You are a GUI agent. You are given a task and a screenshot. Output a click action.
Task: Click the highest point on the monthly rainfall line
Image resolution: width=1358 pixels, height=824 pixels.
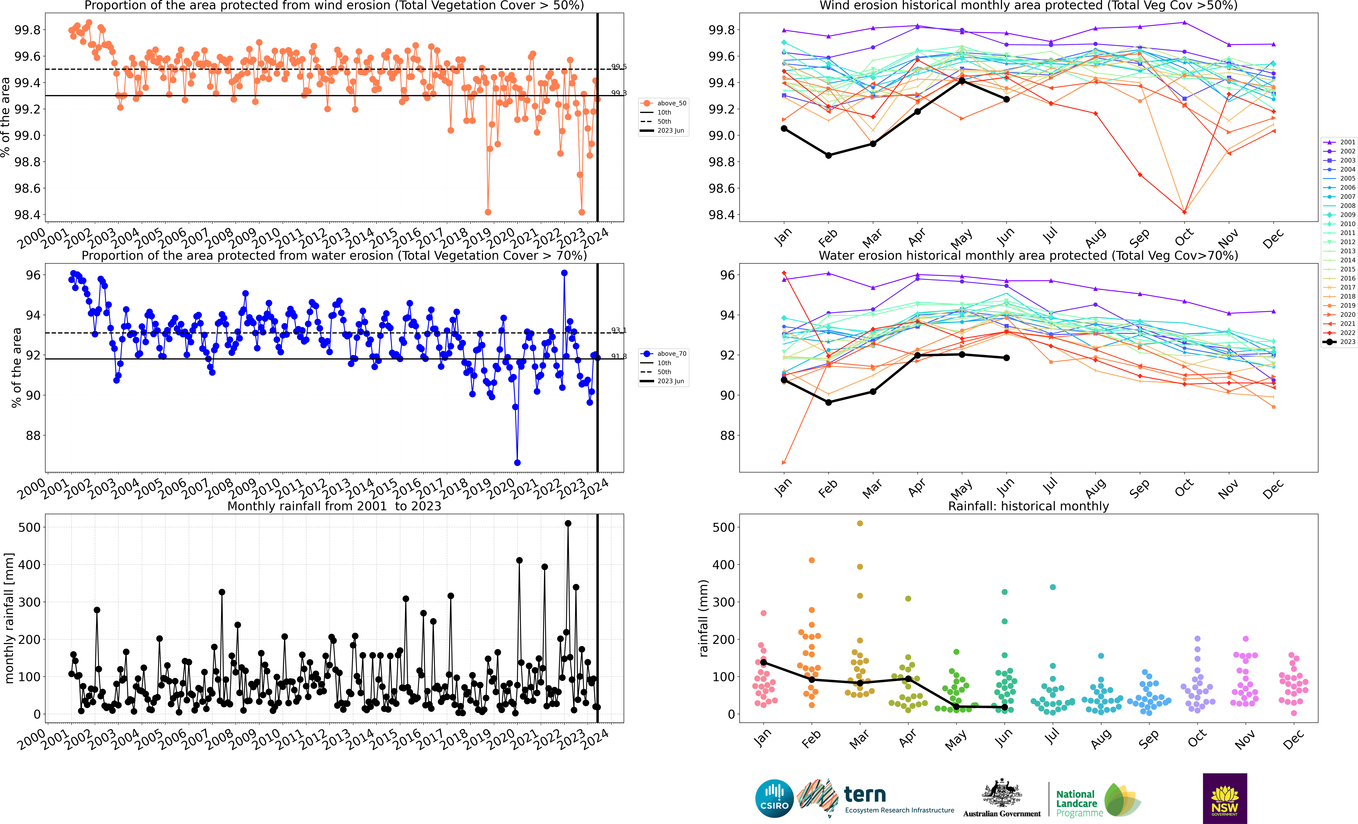click(568, 524)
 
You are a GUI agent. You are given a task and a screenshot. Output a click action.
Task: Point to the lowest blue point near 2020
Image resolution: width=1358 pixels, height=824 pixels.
click(517, 462)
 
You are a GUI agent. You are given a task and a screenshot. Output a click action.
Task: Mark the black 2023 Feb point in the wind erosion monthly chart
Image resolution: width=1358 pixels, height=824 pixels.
click(828, 155)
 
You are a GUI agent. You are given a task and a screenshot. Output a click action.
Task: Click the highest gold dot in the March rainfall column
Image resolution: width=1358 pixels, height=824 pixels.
click(860, 524)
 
